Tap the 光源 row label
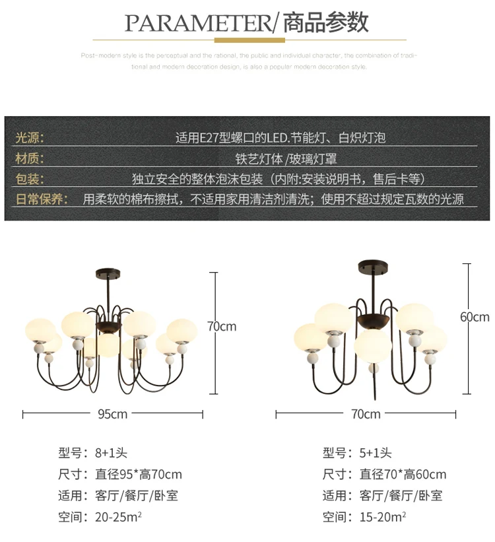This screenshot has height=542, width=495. (x=30, y=138)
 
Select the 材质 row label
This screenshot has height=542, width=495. (x=30, y=158)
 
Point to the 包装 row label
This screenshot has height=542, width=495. (x=30, y=179)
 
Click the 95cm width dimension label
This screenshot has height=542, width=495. (x=112, y=414)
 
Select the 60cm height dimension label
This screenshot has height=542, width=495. (x=475, y=316)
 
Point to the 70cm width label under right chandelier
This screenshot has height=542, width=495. (x=366, y=414)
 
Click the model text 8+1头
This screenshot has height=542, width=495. (x=111, y=453)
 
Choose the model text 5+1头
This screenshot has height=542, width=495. (x=376, y=453)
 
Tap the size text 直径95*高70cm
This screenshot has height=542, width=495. (x=139, y=474)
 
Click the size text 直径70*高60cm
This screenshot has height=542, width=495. (x=403, y=474)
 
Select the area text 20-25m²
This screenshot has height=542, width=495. (x=118, y=516)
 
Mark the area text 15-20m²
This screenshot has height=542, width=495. (x=382, y=516)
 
